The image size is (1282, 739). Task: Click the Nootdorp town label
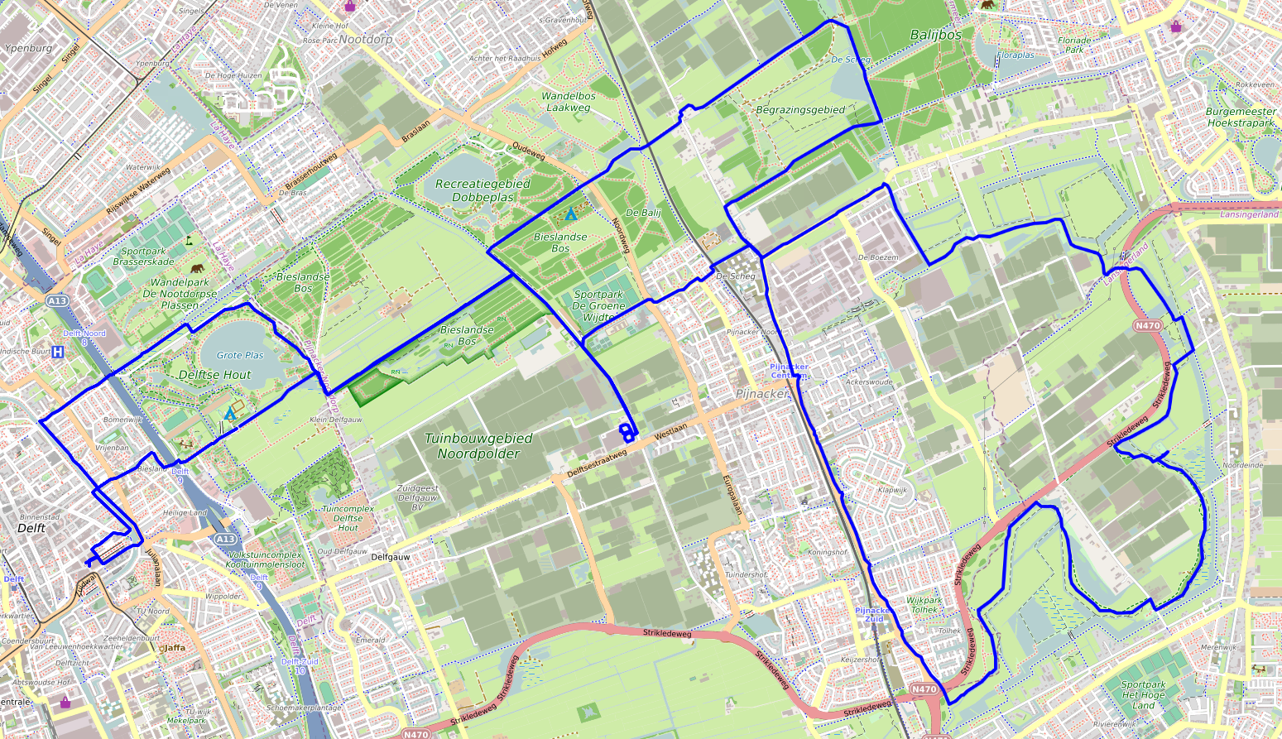(x=365, y=39)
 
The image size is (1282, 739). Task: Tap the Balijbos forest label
(x=935, y=35)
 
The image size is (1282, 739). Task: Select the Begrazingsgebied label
(x=800, y=110)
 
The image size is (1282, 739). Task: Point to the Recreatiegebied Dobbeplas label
(x=483, y=190)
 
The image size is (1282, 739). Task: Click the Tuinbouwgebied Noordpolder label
(x=478, y=446)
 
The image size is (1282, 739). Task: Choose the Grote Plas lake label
(x=240, y=355)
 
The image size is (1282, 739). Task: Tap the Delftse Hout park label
(x=214, y=375)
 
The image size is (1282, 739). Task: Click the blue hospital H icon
(x=58, y=353)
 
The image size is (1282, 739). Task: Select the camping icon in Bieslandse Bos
(x=570, y=214)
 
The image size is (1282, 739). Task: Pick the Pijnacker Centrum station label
(x=789, y=371)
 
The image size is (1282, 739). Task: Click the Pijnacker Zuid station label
(x=872, y=615)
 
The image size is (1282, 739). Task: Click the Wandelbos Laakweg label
(x=568, y=102)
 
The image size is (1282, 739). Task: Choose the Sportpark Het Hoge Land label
(x=1143, y=694)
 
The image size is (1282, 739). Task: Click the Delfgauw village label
(x=391, y=557)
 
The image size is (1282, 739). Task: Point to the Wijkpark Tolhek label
(x=924, y=605)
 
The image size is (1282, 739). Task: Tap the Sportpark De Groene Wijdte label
(x=598, y=305)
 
